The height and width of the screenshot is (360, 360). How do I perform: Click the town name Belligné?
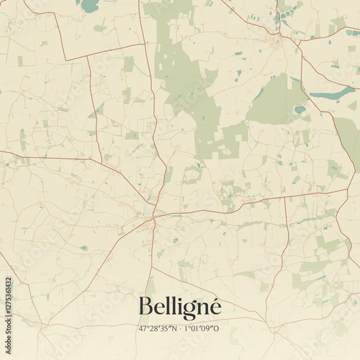point(179,307)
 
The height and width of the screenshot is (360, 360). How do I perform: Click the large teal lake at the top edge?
point(89,6)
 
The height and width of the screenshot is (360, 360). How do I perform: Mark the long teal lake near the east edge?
point(333,94)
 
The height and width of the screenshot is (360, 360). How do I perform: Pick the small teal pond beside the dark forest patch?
point(300,109)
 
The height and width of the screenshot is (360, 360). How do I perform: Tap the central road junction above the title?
point(153,215)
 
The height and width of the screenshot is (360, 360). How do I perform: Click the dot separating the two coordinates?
point(180,329)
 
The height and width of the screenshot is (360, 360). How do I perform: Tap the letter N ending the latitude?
point(173,328)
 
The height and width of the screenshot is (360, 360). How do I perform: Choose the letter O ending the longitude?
point(217,328)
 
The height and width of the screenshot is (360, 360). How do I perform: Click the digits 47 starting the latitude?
point(144,328)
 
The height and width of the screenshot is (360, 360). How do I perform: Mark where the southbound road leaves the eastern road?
point(286,197)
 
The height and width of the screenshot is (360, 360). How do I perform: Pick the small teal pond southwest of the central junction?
point(84,248)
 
